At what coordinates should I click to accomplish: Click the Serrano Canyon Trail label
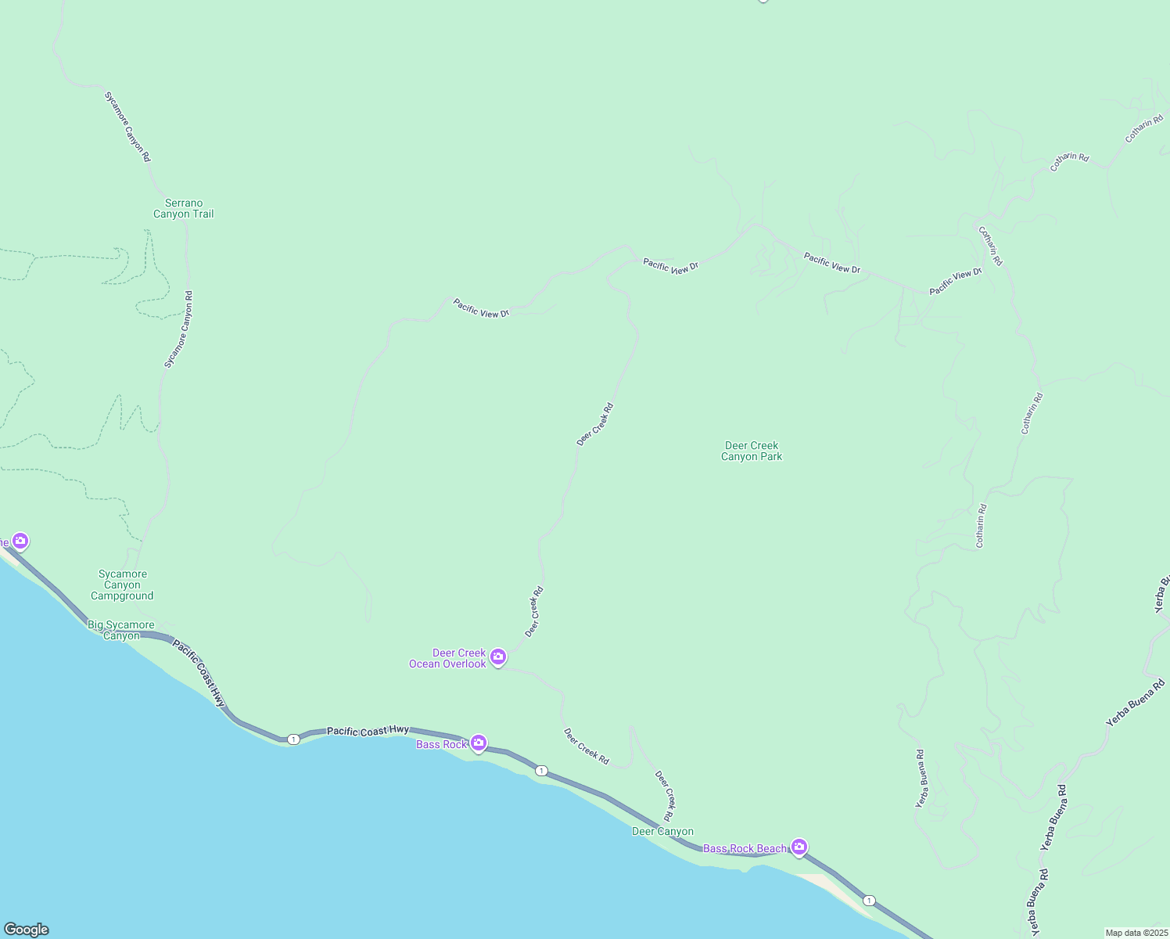[x=183, y=209]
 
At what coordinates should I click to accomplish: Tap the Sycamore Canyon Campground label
[x=122, y=585]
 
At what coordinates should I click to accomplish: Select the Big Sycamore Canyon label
[x=121, y=631]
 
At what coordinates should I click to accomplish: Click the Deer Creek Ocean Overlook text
[x=448, y=659]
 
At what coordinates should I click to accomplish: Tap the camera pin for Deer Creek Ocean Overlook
[x=498, y=657]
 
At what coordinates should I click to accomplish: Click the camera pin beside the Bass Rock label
[x=479, y=743]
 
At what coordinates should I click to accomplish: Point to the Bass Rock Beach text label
[x=745, y=849]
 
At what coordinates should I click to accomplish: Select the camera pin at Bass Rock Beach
[x=799, y=846]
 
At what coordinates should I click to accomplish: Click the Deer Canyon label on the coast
[x=662, y=832]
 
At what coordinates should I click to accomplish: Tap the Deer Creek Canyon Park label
[x=752, y=452]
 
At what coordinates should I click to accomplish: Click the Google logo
[x=26, y=930]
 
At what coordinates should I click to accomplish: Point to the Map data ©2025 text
[x=1136, y=933]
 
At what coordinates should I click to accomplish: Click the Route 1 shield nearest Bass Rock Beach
[x=869, y=901]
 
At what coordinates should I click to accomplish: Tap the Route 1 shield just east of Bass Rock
[x=541, y=771]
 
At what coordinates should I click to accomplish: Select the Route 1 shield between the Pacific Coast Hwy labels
[x=292, y=739]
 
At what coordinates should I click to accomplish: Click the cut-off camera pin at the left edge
[x=20, y=541]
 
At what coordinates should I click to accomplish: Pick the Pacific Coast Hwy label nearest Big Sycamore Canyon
[x=199, y=674]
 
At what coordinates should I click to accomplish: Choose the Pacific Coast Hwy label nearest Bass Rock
[x=368, y=731]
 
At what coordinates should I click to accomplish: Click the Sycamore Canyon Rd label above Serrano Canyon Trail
[x=127, y=127]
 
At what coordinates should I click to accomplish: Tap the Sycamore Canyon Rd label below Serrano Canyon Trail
[x=178, y=329]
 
